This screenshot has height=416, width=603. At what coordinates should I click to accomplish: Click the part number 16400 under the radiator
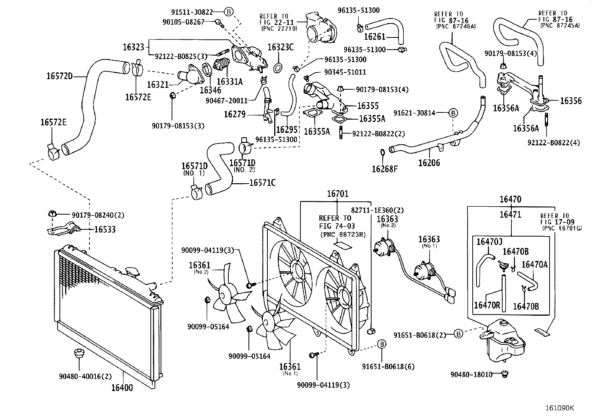[x=122, y=388]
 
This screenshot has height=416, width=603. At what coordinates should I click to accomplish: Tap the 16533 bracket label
[x=105, y=229]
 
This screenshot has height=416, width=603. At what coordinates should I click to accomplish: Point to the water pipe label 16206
[x=429, y=163]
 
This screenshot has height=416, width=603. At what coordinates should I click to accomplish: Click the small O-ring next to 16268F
[x=383, y=152]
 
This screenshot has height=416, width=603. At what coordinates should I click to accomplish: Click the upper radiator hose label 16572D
[x=59, y=76]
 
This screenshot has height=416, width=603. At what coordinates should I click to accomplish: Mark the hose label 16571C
[x=262, y=183]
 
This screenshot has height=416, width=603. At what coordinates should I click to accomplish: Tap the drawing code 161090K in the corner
[x=559, y=408]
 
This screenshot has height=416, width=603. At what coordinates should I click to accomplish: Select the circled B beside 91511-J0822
[x=229, y=12]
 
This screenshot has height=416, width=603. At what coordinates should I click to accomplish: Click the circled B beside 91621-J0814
[x=453, y=113]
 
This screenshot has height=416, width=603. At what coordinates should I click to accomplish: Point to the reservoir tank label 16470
[x=510, y=199]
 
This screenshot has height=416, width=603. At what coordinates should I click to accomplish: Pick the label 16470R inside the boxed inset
[x=487, y=305]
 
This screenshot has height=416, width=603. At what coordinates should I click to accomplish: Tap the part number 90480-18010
[x=471, y=375]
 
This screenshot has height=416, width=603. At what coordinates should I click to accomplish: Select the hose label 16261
[x=374, y=37]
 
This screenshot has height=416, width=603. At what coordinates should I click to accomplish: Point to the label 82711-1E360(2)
[x=377, y=210]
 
